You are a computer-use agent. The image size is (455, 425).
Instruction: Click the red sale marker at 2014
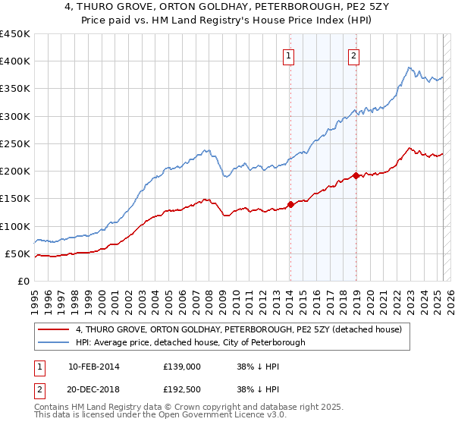click(x=290, y=204)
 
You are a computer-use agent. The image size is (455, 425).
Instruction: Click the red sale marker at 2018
click(x=355, y=175)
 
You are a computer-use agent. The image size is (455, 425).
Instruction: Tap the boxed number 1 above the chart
click(x=290, y=54)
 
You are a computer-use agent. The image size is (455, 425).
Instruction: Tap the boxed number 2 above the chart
click(x=354, y=54)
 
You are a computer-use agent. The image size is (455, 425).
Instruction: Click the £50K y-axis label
click(x=18, y=253)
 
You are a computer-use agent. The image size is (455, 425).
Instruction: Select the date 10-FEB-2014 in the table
click(x=93, y=366)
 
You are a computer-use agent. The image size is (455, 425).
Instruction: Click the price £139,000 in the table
click(x=181, y=366)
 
